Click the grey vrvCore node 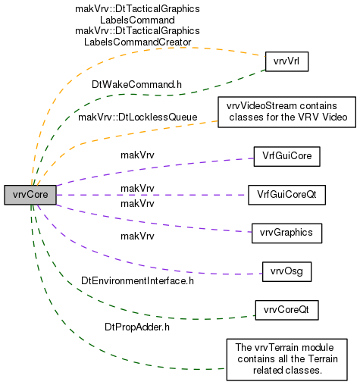pos(30,195)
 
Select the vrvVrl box pos(286,61)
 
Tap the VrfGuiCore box pos(287,156)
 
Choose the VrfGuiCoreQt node pos(286,195)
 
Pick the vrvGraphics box pos(286,233)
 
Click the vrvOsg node pos(286,271)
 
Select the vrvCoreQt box pos(286,310)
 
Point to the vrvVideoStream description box pos(286,112)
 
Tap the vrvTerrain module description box pos(286,359)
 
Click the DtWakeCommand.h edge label pos(136,85)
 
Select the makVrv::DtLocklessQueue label pos(138,117)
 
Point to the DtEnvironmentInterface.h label pos(137,281)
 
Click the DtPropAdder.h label pos(137,327)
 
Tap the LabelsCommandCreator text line pos(138,42)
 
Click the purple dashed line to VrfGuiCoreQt pos(152,195)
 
